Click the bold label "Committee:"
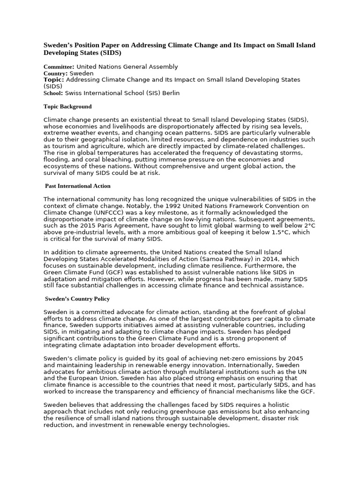[x=59, y=67]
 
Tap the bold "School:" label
[x=52, y=93]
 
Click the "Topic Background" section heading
[x=67, y=106]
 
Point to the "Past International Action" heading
[x=78, y=186]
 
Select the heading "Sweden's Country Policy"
[x=77, y=299]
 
